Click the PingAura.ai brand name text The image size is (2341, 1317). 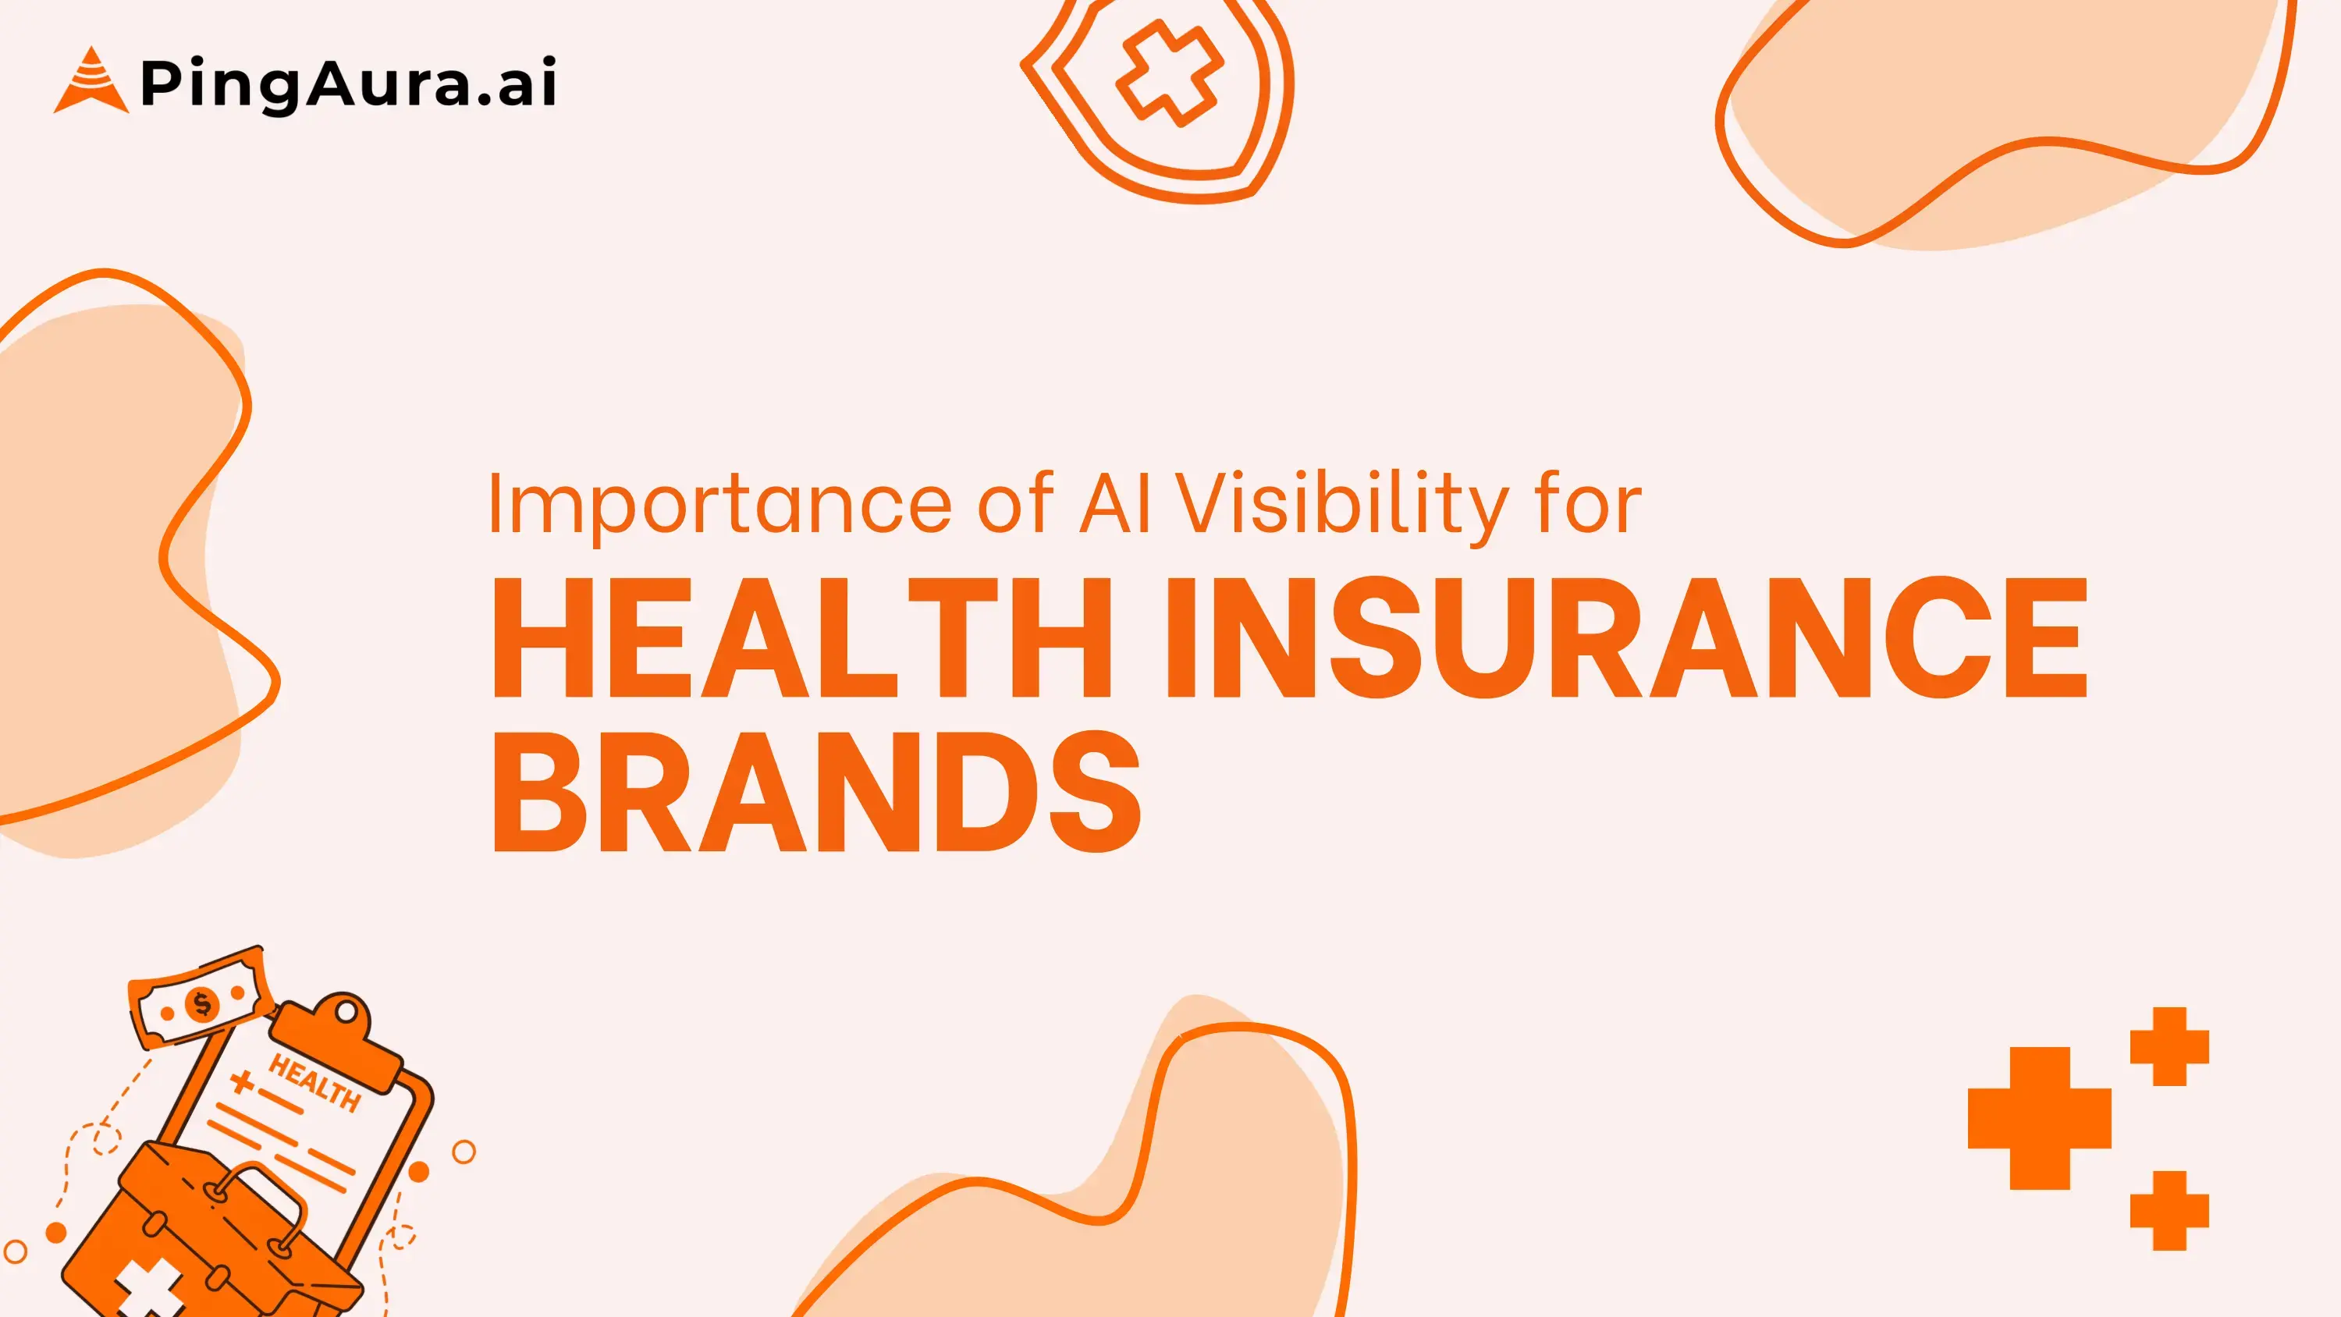click(x=348, y=83)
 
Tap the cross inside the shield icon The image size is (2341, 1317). click(x=1169, y=72)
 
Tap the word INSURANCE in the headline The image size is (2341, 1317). click(x=1625, y=638)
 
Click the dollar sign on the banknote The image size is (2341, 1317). click(x=202, y=1004)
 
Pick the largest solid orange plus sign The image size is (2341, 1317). click(x=2039, y=1118)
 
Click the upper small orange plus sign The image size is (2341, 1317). click(x=2169, y=1046)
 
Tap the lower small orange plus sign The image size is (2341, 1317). click(x=2169, y=1211)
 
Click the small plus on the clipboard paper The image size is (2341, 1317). click(x=242, y=1081)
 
